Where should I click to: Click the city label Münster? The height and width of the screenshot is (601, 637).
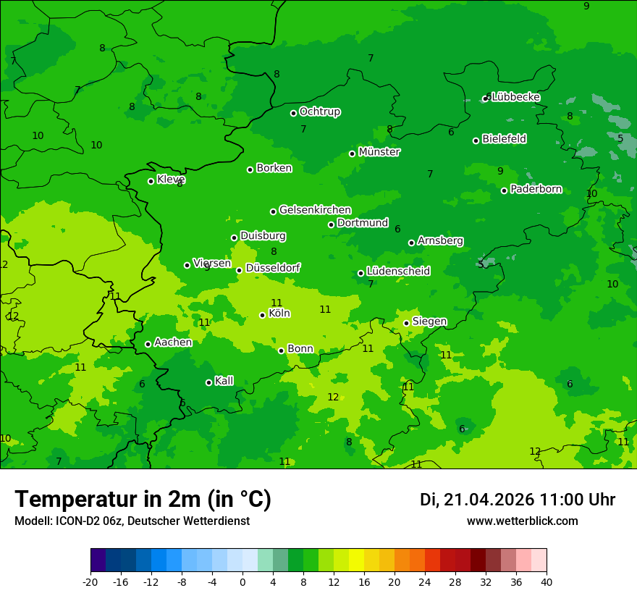point(379,152)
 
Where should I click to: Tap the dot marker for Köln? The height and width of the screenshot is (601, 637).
point(262,315)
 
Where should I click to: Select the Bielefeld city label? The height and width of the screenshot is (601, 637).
point(504,139)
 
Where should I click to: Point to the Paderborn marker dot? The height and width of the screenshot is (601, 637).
point(504,190)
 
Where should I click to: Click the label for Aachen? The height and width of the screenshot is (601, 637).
point(173,342)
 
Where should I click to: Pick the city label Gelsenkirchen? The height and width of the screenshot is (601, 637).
point(315,210)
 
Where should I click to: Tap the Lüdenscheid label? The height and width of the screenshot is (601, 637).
point(398,272)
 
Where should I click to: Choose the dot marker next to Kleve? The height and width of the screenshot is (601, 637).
point(151,181)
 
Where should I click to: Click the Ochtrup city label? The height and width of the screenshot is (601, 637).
point(319,112)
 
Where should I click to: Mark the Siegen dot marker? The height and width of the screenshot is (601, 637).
point(406,323)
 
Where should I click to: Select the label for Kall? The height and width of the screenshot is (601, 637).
point(224,381)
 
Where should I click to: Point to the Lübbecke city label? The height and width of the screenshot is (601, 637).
point(515,97)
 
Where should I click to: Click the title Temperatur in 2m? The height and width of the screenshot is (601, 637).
point(143,499)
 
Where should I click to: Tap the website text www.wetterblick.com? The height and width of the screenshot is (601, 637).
point(522,521)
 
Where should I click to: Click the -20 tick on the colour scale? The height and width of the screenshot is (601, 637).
point(90,581)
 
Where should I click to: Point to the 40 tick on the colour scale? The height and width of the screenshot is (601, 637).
point(547,581)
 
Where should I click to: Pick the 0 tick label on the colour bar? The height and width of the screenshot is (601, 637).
point(242,581)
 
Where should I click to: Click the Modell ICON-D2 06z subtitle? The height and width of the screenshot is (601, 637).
point(132,521)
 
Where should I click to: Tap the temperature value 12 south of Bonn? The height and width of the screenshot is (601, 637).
point(333,397)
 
